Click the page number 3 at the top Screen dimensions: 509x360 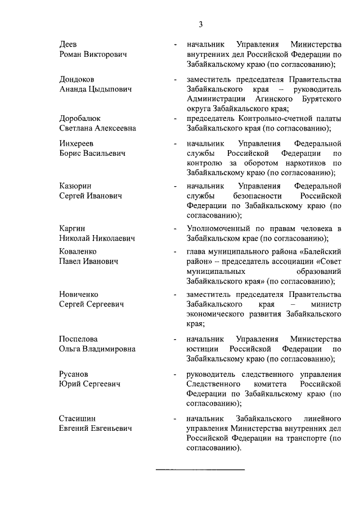click(200, 24)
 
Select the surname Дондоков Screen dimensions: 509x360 click(77, 79)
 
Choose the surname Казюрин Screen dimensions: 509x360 click(75, 186)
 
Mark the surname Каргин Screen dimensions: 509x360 click(72, 228)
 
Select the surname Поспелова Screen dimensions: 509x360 click(78, 339)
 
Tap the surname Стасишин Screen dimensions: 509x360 click(78, 418)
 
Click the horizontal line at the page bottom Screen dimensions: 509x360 click(200, 469)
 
